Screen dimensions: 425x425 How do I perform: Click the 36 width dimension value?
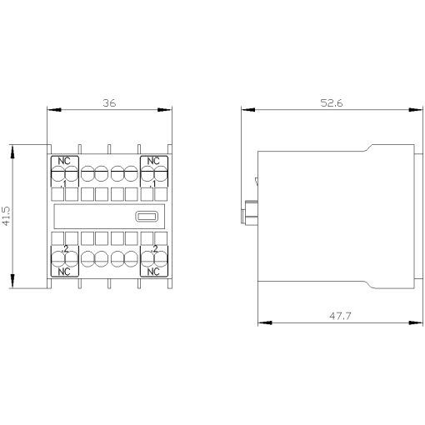click(x=109, y=103)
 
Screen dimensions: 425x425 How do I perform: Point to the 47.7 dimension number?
click(x=337, y=317)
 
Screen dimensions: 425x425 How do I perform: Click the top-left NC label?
click(x=65, y=160)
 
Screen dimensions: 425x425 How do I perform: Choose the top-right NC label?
click(x=153, y=160)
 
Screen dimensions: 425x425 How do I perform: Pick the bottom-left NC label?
click(x=65, y=272)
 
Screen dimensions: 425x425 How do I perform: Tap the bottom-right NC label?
click(x=153, y=272)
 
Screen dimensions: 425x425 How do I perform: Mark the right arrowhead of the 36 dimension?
click(x=167, y=109)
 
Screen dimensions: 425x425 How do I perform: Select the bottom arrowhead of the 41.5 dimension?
click(x=13, y=282)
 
